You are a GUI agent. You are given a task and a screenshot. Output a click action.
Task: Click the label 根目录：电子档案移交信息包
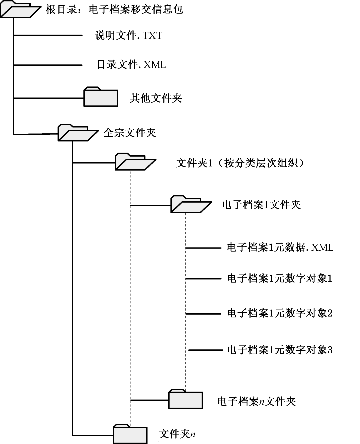click(x=114, y=9)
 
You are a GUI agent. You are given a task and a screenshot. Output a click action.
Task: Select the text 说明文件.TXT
click(x=129, y=35)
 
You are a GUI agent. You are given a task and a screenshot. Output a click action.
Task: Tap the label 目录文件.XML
click(x=131, y=64)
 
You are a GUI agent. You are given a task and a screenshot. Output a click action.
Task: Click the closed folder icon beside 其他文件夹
click(x=101, y=97)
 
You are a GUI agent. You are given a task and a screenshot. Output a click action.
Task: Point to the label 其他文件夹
click(x=156, y=98)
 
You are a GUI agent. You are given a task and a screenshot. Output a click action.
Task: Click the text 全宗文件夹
click(x=130, y=133)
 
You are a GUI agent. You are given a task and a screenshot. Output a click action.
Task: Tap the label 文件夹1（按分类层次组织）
click(x=240, y=163)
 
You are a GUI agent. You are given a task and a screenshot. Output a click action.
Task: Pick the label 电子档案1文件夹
click(x=261, y=205)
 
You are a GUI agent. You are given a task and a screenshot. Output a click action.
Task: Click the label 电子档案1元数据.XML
click(x=280, y=247)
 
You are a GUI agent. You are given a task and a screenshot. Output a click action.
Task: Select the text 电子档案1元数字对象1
click(x=280, y=278)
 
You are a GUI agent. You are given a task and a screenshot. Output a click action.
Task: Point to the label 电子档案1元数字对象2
click(x=280, y=313)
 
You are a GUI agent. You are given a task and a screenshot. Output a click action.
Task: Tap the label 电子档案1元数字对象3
click(x=280, y=350)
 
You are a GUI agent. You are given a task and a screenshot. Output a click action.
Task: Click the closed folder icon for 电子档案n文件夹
click(x=185, y=399)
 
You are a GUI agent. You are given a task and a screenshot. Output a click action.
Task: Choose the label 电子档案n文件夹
click(x=257, y=401)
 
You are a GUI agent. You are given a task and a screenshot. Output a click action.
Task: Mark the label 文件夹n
click(x=177, y=434)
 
